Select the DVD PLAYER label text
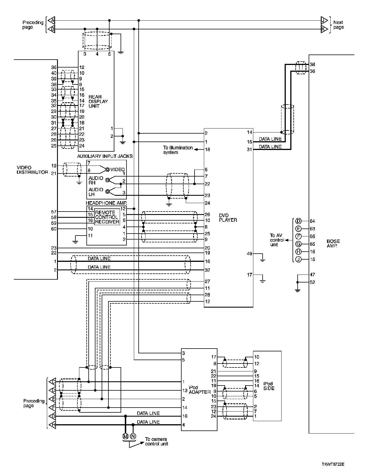coord(228,218)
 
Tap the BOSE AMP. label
coord(333,243)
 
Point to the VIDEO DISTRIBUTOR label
coord(32,170)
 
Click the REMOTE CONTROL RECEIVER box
coord(107,217)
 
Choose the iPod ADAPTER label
coord(199,390)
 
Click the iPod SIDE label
coord(268,386)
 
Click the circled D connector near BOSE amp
coord(298,221)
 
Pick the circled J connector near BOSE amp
coord(298,259)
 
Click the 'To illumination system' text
coord(178,150)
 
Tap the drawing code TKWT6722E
coord(333,464)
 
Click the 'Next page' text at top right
coord(338,25)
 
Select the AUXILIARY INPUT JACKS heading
coord(105,156)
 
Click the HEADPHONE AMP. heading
coord(106,203)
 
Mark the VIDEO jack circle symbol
coord(107,170)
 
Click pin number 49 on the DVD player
coord(249,254)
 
